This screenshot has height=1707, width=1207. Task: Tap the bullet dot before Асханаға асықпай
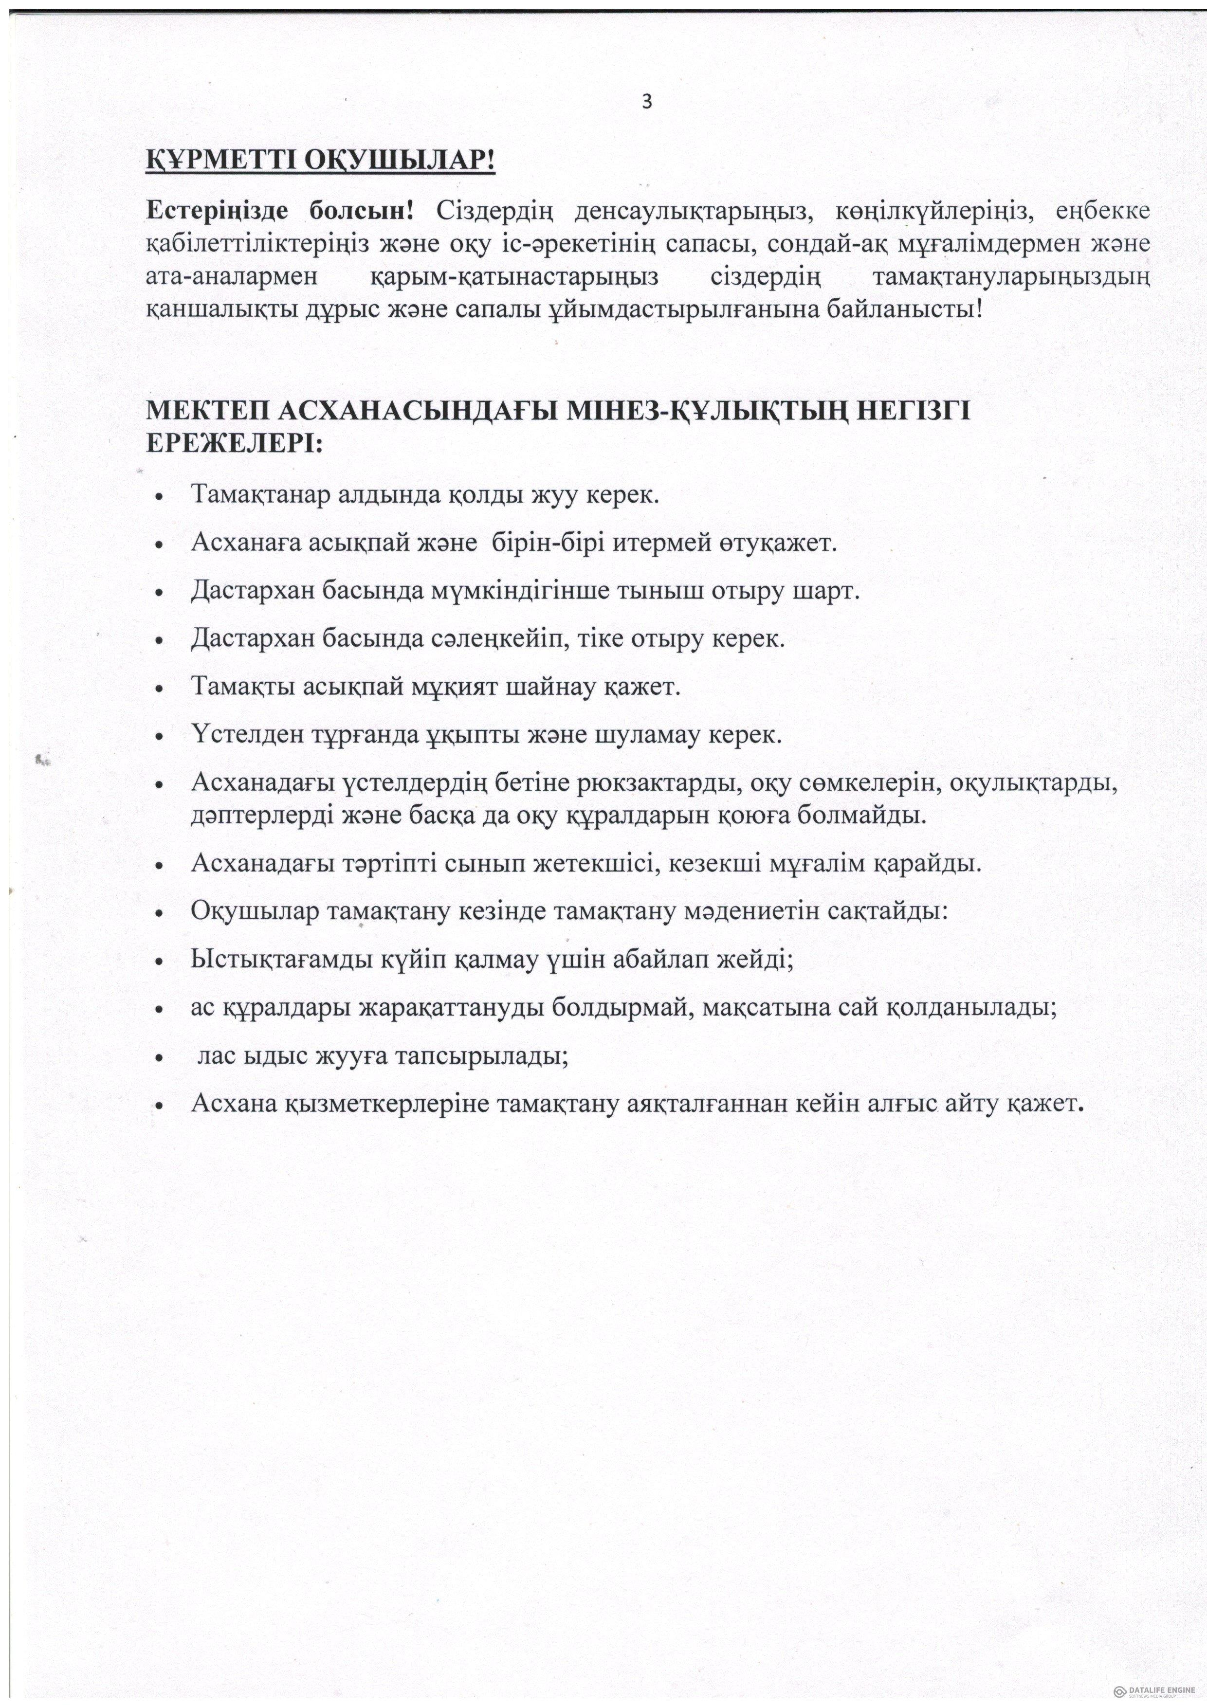coord(159,545)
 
